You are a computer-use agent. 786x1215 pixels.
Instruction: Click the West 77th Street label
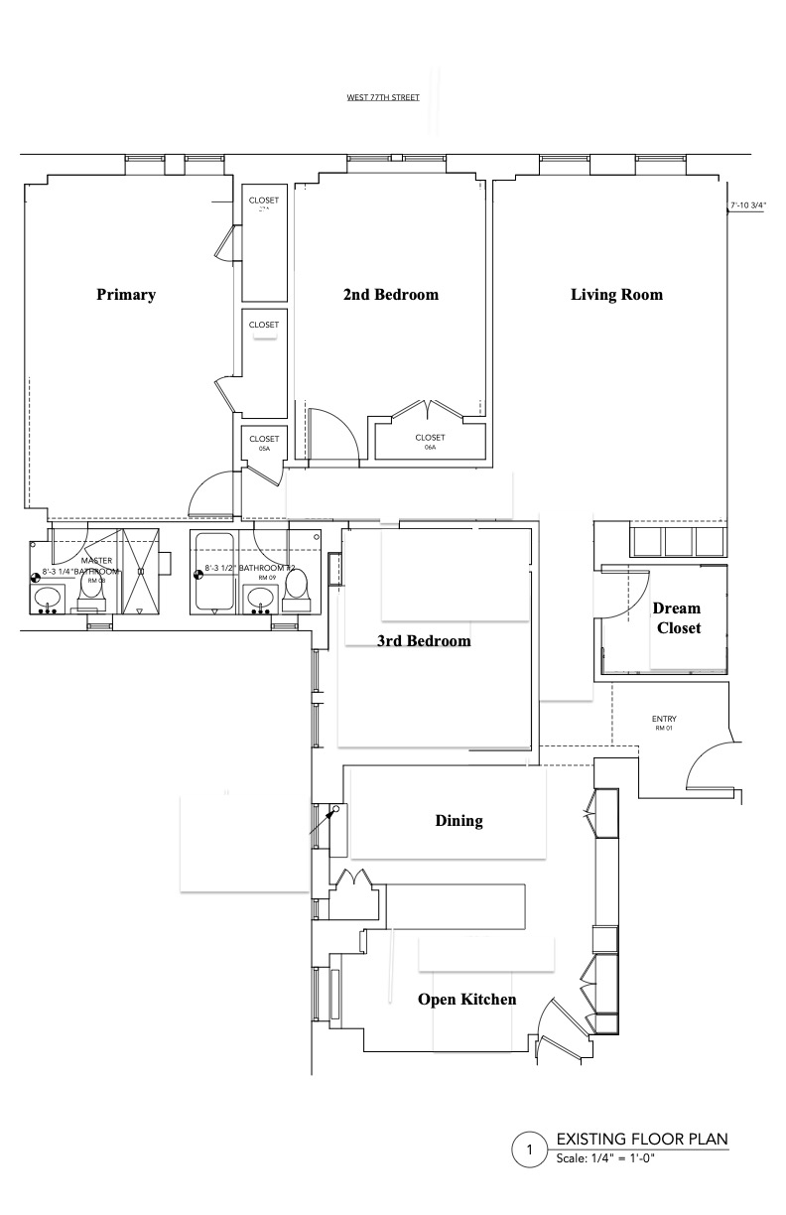[x=382, y=97]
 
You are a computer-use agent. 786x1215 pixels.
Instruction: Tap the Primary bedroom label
[x=126, y=295]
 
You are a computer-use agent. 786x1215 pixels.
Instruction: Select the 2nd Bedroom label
[x=390, y=295]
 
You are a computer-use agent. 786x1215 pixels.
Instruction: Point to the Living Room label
[x=616, y=295]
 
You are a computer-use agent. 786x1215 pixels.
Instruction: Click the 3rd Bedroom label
[x=424, y=641]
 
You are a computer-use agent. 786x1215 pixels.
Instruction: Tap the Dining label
[x=458, y=821]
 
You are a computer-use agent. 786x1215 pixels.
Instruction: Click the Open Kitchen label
[x=466, y=999]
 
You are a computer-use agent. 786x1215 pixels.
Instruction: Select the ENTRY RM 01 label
[x=664, y=723]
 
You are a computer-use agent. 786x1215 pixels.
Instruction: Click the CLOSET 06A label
[x=430, y=442]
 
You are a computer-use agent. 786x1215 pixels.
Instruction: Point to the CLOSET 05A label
[x=264, y=443]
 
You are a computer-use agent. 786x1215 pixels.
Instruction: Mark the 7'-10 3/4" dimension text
[x=750, y=206]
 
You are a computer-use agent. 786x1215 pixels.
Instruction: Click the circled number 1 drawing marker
[x=529, y=1151]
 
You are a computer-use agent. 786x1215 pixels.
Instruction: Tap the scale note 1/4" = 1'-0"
[x=605, y=1158]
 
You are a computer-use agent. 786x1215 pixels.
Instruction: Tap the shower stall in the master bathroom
[x=140, y=572]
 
